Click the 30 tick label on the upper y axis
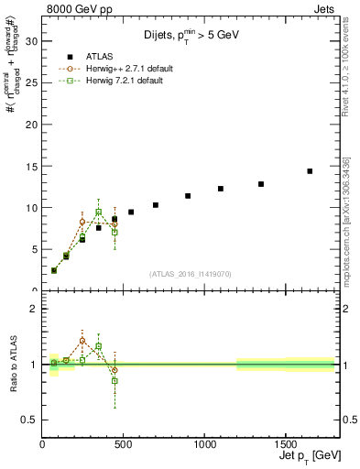tap(30, 41)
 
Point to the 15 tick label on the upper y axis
tap(30, 166)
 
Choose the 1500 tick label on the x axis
tap(285, 439)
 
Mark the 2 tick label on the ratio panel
tap(33, 309)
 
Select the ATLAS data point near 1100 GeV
tap(221, 189)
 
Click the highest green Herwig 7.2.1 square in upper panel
tap(98, 212)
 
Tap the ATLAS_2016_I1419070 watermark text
tap(191, 274)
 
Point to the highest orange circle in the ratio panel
tap(82, 341)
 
